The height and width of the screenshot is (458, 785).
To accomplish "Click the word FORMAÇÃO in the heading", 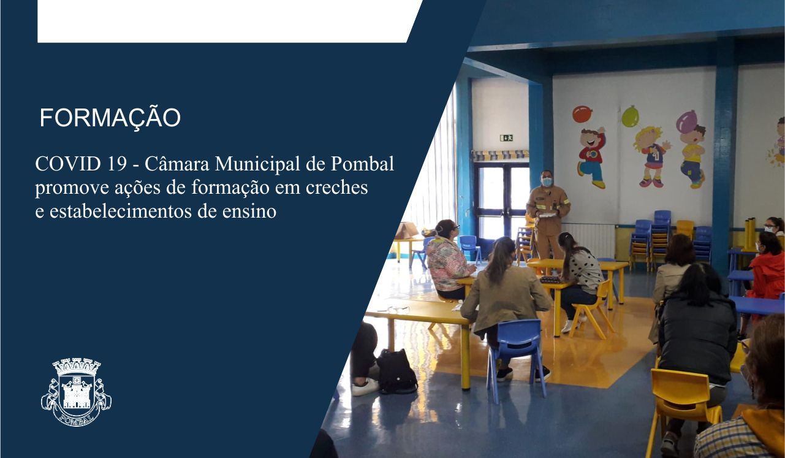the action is pyautogui.click(x=110, y=118).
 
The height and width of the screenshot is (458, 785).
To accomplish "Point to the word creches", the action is pyautogui.click(x=337, y=187).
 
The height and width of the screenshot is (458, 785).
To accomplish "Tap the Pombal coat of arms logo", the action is pyautogui.click(x=76, y=392).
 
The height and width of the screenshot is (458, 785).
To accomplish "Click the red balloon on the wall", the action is pyautogui.click(x=582, y=114).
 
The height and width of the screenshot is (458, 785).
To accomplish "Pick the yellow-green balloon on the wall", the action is pyautogui.click(x=630, y=116).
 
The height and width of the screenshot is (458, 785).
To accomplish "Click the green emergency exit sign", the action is pyautogui.click(x=506, y=138).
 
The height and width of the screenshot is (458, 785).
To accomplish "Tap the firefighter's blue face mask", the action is pyautogui.click(x=547, y=181).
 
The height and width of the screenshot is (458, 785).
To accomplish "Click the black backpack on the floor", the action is pyautogui.click(x=396, y=372).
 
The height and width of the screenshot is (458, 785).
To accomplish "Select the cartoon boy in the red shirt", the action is pyautogui.click(x=592, y=157).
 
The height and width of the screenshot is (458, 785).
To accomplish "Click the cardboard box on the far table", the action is pyautogui.click(x=406, y=231).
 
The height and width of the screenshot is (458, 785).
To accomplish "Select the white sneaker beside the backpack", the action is pyautogui.click(x=365, y=387).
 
